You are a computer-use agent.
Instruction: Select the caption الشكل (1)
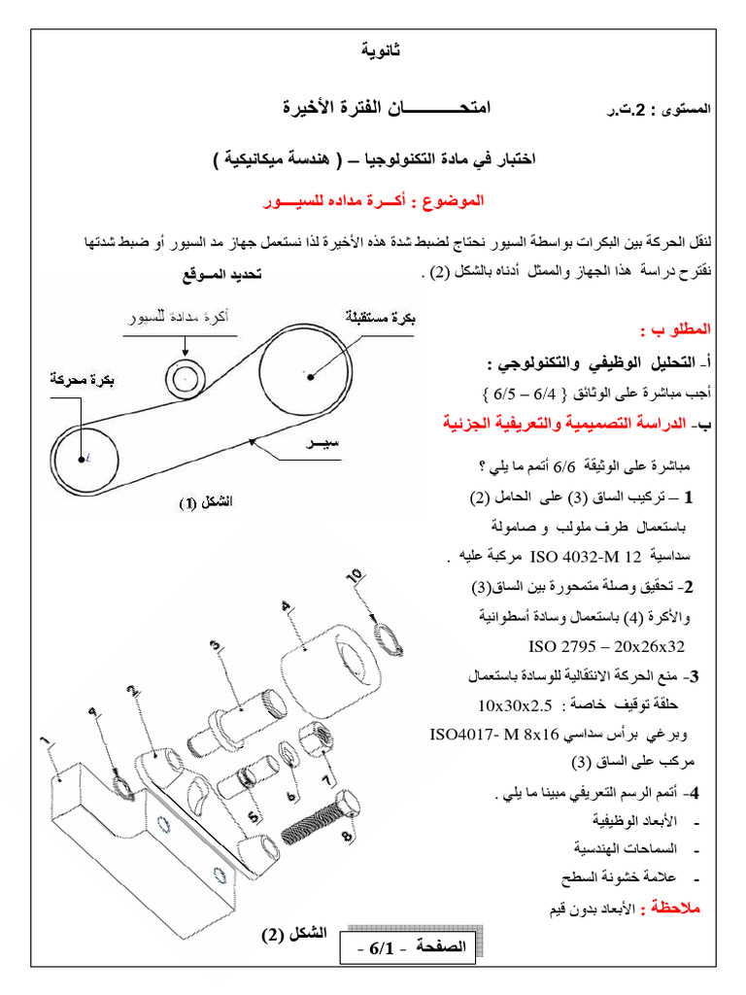[205, 502]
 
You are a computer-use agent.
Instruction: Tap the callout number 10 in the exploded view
[356, 576]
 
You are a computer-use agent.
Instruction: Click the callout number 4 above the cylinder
[285, 607]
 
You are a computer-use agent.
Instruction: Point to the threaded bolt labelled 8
[319, 821]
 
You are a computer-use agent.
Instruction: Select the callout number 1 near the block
[43, 744]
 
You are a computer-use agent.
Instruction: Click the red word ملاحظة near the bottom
[687, 908]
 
